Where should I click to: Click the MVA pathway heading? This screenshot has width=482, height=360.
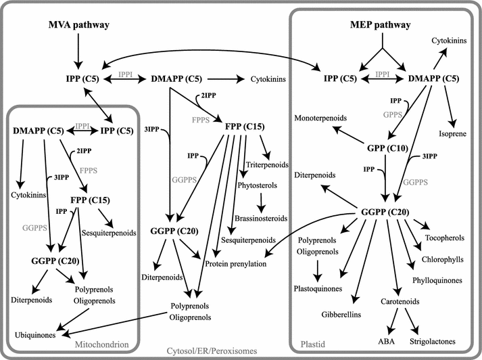coord(79,26)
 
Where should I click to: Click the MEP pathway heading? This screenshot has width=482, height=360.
coord(383,26)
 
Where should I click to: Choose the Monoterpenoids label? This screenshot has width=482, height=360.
coord(321,118)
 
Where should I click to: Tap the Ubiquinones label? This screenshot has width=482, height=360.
coord(34,335)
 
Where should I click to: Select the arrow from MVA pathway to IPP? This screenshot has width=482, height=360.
coord(79,49)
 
